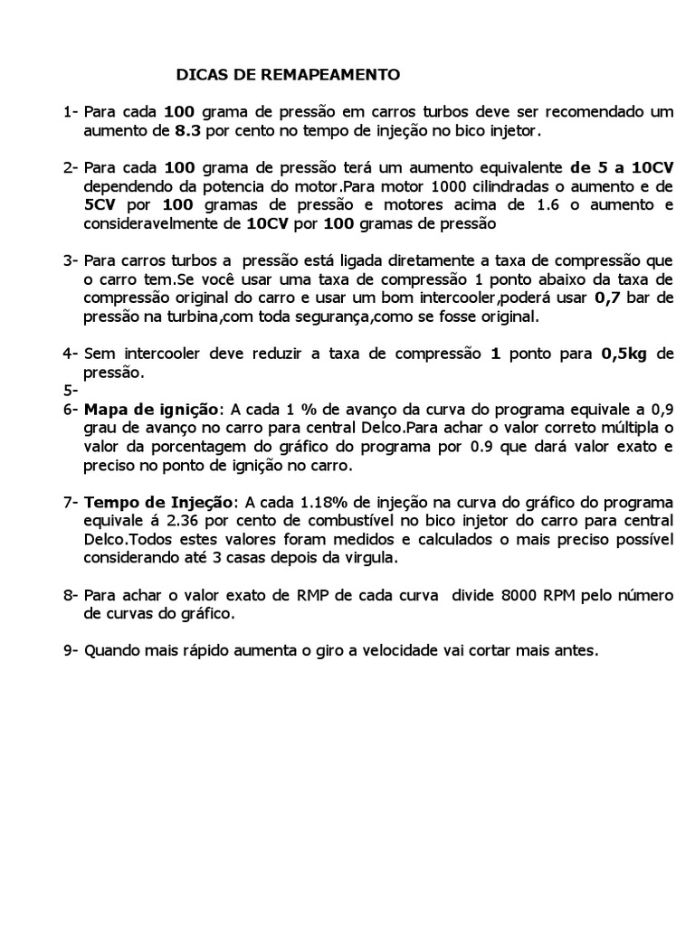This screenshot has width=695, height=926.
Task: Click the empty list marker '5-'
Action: (71, 392)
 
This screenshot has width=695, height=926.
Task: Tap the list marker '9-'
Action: (71, 651)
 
